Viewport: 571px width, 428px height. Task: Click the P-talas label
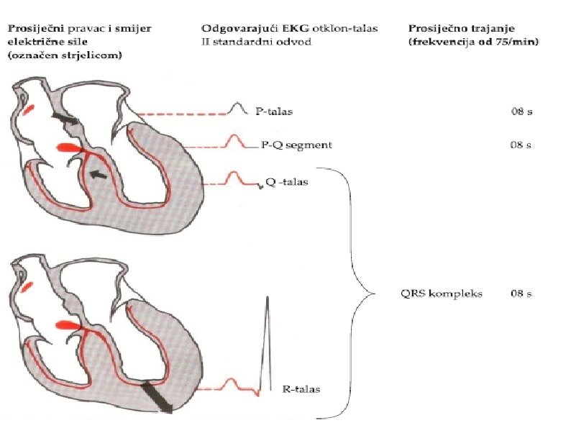pyautogui.click(x=274, y=112)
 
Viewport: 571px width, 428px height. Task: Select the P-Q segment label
pyautogui.click(x=296, y=145)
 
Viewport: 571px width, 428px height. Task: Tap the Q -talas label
pyautogui.click(x=287, y=182)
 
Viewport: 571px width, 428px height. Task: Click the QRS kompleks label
pyautogui.click(x=431, y=294)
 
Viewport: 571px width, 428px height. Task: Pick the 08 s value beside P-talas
pyautogui.click(x=521, y=112)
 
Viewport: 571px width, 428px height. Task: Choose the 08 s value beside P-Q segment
pyautogui.click(x=521, y=145)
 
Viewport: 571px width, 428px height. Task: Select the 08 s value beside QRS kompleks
pyautogui.click(x=521, y=294)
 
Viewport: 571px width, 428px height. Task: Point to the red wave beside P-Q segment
pyautogui.click(x=234, y=142)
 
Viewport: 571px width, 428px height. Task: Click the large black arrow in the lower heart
pyautogui.click(x=156, y=396)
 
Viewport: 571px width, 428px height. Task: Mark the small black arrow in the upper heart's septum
pyautogui.click(x=99, y=174)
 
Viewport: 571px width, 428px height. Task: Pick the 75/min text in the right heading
pyautogui.click(x=524, y=42)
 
